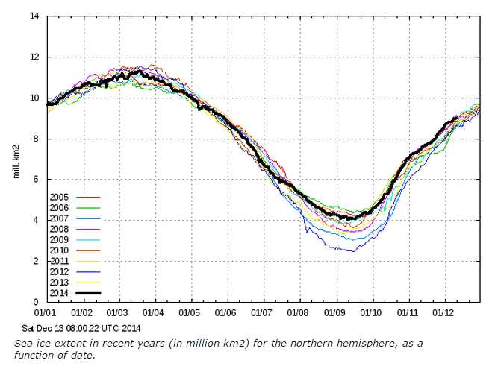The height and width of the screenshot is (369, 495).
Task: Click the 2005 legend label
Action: click(x=59, y=198)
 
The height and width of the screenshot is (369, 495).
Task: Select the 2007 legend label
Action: click(x=59, y=218)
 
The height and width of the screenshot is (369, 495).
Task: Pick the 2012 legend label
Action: click(x=59, y=271)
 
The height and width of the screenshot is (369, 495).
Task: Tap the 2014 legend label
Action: click(x=59, y=293)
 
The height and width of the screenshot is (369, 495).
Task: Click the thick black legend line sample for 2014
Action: click(x=88, y=293)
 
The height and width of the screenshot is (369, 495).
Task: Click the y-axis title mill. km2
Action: click(x=16, y=159)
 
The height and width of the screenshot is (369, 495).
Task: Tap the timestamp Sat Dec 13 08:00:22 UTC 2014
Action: click(x=82, y=327)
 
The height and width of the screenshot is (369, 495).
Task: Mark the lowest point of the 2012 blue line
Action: click(x=352, y=251)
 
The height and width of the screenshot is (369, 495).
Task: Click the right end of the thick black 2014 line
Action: click(x=457, y=116)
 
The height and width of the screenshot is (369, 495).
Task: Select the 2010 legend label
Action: click(x=59, y=250)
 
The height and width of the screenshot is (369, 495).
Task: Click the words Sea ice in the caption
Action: click(x=33, y=342)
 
